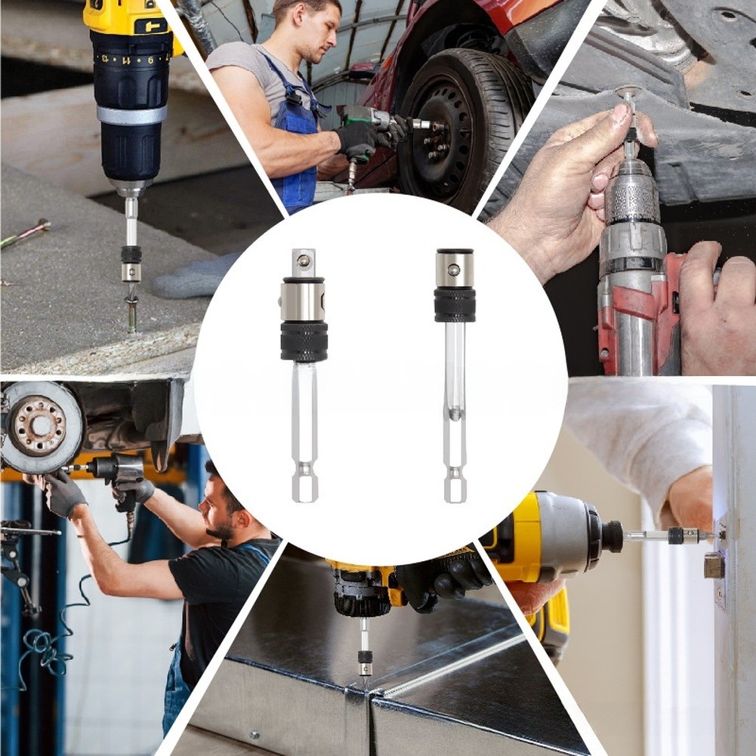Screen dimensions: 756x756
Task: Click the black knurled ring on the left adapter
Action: (304, 342)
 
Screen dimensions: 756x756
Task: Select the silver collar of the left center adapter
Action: (303, 300)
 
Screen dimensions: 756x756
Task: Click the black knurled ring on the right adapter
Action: (455, 306)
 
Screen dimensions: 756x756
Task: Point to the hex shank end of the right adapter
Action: (455, 487)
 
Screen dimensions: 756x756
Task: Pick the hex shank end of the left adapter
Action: (304, 487)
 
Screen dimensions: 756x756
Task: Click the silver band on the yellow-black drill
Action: (131, 115)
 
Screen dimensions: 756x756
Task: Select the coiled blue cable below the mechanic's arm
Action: (45, 650)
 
